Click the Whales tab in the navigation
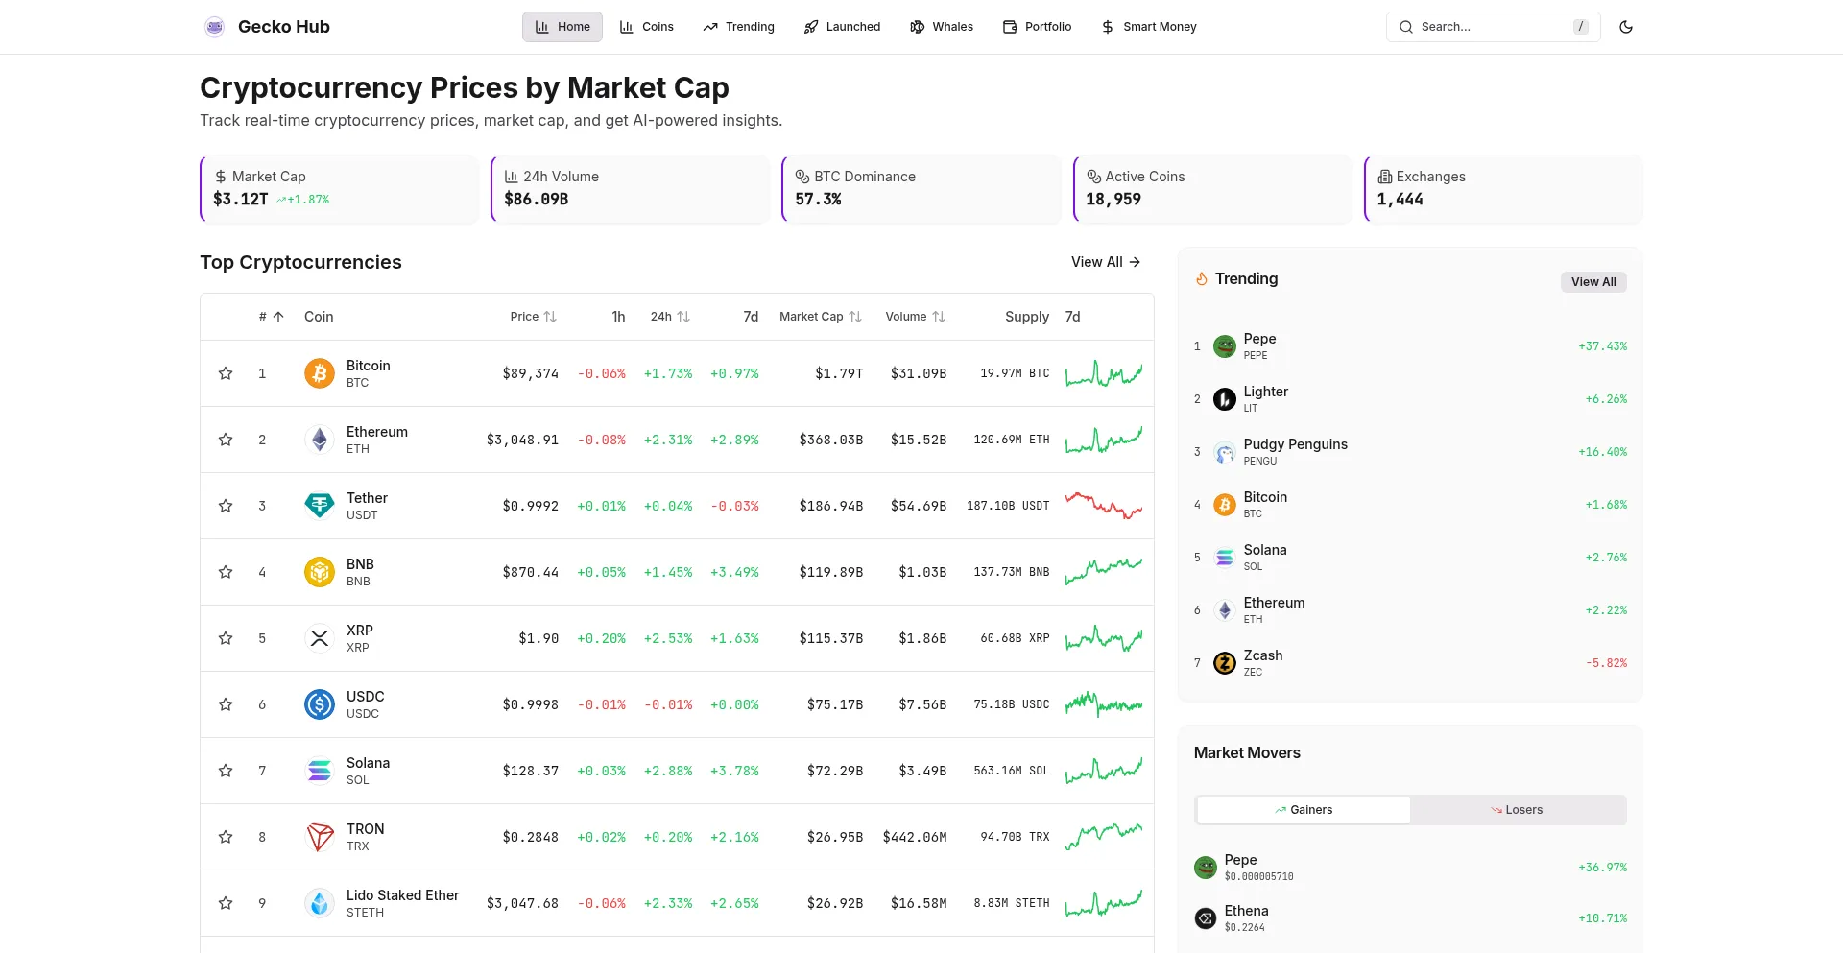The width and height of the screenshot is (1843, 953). [942, 27]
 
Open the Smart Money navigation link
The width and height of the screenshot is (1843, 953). [1149, 27]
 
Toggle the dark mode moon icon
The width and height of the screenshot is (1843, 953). [1626, 27]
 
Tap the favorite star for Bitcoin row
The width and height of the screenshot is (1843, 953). [226, 373]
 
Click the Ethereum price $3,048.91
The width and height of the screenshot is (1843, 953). [522, 440]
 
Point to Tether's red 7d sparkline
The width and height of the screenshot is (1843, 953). [1103, 505]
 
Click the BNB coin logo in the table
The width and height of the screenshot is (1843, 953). [320, 572]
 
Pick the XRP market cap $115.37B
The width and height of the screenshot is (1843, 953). [830, 638]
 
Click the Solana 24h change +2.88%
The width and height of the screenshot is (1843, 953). [668, 771]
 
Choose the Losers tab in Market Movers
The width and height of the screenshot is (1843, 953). [1518, 810]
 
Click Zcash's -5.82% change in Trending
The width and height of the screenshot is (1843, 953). [1606, 663]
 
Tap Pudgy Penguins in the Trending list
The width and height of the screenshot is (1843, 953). [1295, 444]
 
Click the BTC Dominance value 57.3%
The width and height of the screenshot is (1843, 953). [818, 199]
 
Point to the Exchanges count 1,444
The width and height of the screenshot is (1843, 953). [1400, 199]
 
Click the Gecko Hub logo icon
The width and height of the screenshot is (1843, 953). [215, 27]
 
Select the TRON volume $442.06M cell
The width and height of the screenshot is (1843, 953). [914, 837]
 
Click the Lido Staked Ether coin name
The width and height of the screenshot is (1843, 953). [402, 895]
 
